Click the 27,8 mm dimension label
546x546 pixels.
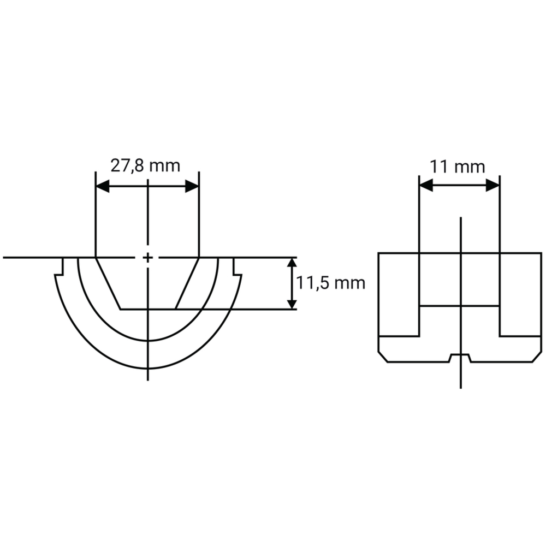coord(145,166)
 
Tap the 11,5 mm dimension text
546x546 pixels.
coord(330,283)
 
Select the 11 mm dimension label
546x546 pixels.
coord(457,167)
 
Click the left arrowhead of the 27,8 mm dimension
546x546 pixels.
coord(103,186)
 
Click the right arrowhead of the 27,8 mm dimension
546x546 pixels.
coord(192,186)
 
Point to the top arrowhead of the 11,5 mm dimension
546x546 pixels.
coord(292,264)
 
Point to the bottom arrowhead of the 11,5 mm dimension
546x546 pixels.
coord(292,302)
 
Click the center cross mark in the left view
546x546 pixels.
coord(148,258)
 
